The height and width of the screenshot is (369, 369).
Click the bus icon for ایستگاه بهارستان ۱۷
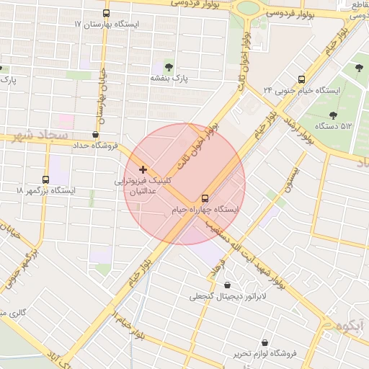(107, 13)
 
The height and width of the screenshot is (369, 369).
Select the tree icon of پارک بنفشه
(169, 66)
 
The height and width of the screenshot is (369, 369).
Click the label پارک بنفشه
(169, 77)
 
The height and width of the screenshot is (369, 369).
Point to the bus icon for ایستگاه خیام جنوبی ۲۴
(301, 79)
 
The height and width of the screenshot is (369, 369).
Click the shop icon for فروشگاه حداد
(96, 134)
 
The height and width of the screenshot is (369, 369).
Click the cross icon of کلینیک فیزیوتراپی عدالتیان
(142, 169)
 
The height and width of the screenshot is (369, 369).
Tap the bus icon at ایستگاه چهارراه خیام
(205, 197)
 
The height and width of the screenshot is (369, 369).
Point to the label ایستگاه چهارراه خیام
(205, 209)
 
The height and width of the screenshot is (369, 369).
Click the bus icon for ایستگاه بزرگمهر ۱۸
(45, 179)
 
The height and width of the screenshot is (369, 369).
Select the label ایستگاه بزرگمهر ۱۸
(45, 190)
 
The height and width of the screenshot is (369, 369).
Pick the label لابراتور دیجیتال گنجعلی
(228, 296)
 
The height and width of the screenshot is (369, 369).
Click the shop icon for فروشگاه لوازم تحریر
(266, 342)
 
